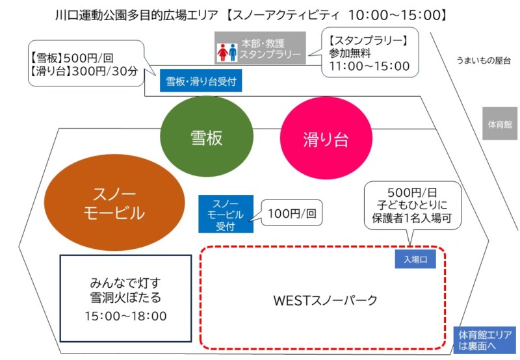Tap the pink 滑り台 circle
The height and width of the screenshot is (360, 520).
click(327, 138)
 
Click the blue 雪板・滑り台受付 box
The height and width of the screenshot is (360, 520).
click(200, 82)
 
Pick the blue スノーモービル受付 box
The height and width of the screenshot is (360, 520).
click(226, 214)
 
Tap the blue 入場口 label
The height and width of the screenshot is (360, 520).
click(415, 259)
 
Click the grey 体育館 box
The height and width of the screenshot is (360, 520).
click(500, 123)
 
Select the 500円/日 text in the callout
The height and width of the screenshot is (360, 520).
click(412, 193)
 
